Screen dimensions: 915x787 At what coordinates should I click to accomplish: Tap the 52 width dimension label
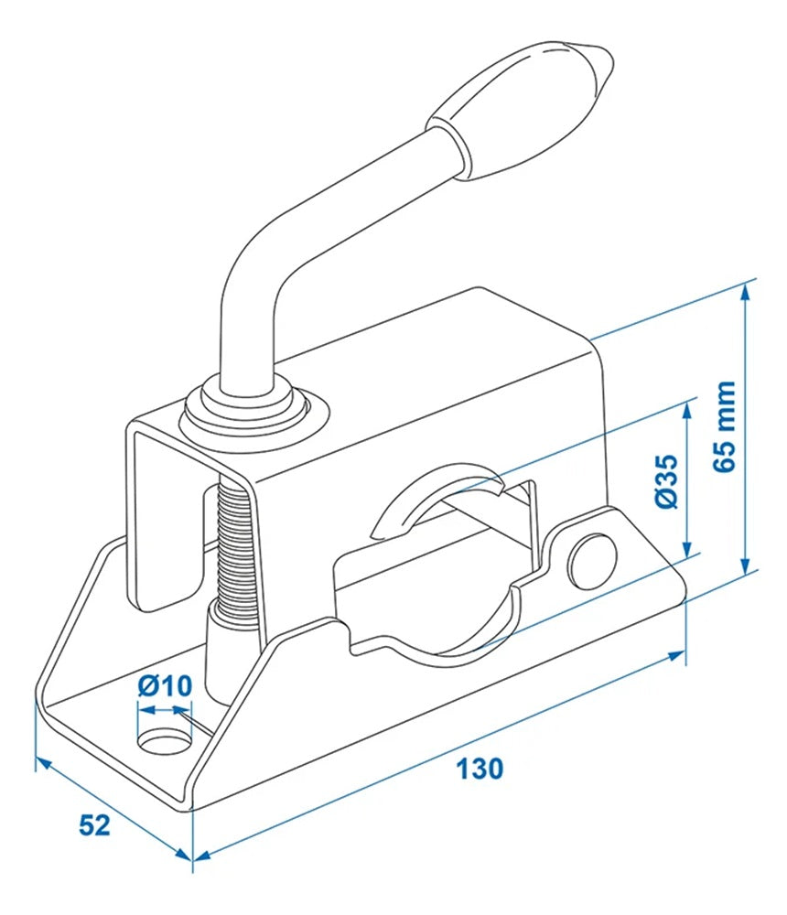click(x=94, y=824)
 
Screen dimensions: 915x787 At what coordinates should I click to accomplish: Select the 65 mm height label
click(x=726, y=425)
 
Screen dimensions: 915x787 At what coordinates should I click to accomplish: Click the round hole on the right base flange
click(x=591, y=558)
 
